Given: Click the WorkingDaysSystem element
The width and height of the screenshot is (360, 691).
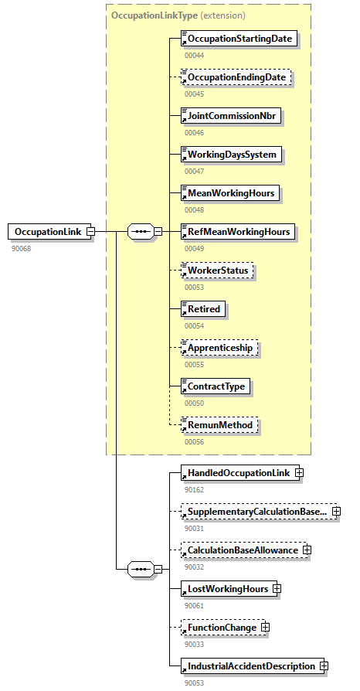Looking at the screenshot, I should pyautogui.click(x=231, y=155).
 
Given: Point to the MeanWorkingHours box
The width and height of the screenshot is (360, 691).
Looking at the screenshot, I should pyautogui.click(x=229, y=193).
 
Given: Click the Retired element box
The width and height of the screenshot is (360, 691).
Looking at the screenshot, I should pyautogui.click(x=203, y=309).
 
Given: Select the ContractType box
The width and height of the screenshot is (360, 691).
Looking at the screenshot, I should pyautogui.click(x=216, y=386).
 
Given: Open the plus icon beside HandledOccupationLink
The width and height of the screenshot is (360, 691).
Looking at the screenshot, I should pyautogui.click(x=299, y=473).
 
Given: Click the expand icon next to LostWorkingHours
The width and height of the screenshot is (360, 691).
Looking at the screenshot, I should pyautogui.click(x=277, y=589).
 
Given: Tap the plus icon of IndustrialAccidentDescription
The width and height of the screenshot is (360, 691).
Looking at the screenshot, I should pyautogui.click(x=324, y=666).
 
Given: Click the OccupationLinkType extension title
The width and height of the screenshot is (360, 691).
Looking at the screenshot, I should pyautogui.click(x=178, y=15).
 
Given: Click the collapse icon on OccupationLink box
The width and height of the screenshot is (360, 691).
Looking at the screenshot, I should pyautogui.click(x=90, y=231).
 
